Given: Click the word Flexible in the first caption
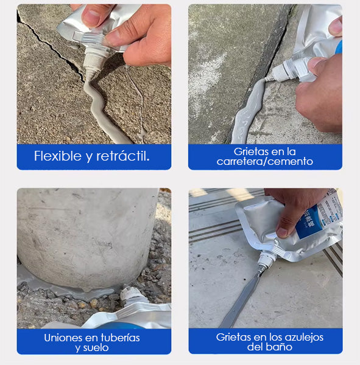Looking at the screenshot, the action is tap(58, 156).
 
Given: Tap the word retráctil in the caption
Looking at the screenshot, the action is tap(122, 156).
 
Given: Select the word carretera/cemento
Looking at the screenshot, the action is tap(264, 161).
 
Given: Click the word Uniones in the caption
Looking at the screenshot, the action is tap(63, 338).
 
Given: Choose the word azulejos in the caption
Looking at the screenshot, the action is tap(305, 337).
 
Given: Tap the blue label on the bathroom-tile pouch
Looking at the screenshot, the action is tap(309, 223).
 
